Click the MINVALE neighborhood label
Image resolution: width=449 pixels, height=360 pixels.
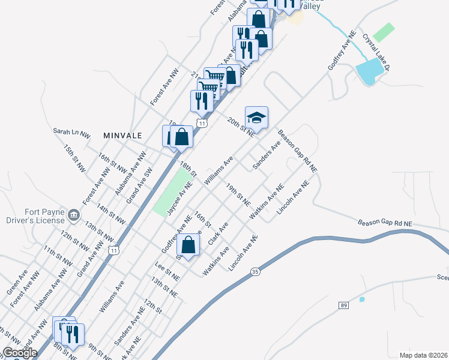122,136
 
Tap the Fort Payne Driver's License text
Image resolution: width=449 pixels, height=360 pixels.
36,215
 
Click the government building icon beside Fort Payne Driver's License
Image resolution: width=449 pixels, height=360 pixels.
73,214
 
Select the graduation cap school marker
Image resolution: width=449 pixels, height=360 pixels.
256,117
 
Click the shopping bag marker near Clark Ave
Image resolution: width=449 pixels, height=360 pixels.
188,245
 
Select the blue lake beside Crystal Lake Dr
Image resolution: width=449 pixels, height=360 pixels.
369,71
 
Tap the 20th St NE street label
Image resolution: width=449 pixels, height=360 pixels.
241,128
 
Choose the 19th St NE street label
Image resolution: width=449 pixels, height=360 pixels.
238,195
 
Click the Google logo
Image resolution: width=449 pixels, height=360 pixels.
19,353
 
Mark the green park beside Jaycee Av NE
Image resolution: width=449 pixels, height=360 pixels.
170,191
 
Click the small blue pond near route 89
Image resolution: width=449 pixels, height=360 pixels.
361,299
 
